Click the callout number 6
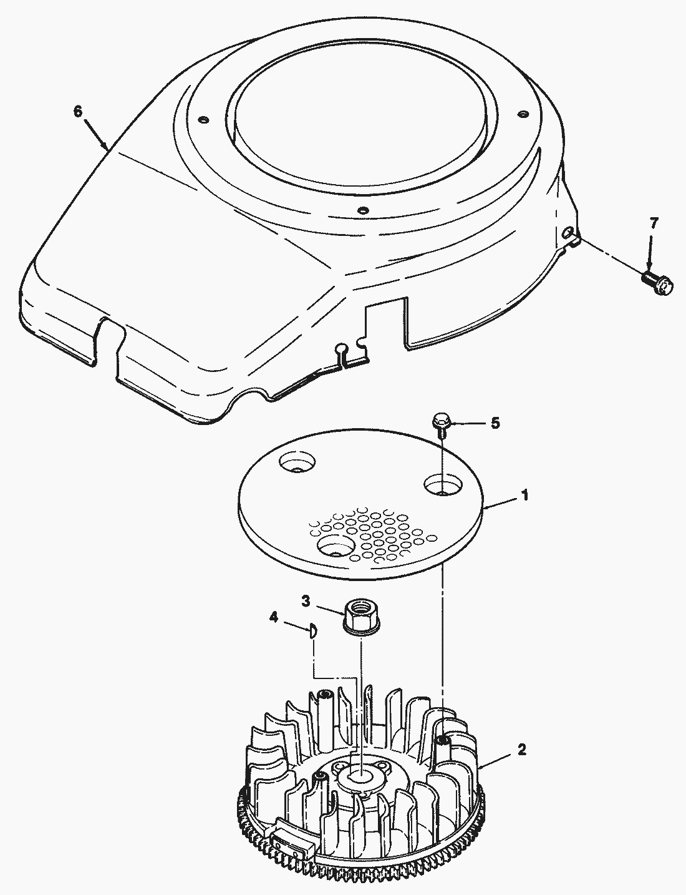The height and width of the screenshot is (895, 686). click(x=77, y=111)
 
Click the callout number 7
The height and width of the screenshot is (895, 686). click(x=653, y=223)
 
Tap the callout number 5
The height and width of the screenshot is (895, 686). click(x=495, y=423)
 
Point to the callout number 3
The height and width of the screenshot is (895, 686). click(x=306, y=601)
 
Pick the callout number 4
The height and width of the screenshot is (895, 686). click(x=273, y=617)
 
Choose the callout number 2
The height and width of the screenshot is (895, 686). click(x=521, y=749)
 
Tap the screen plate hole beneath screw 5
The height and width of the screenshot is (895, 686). click(x=442, y=486)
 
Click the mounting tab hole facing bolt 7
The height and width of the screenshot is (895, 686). click(x=568, y=233)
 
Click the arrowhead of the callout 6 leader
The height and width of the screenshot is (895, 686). click(x=107, y=147)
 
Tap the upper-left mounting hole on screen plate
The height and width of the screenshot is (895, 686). click(x=297, y=462)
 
